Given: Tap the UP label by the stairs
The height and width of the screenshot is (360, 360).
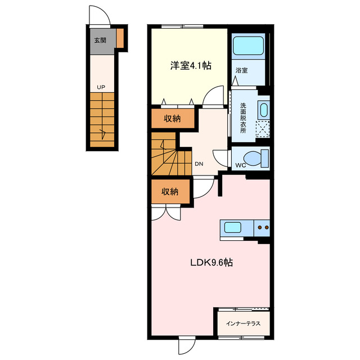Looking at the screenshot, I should tap(101, 87).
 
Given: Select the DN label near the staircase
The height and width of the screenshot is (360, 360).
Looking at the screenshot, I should tap(199, 164).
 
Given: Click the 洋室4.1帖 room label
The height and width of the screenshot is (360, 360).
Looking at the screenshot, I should tap(191, 66).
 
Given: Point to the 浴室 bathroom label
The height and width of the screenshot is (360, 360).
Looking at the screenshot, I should tap(242, 71).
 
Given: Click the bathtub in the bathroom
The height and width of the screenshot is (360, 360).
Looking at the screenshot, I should tap(248, 46).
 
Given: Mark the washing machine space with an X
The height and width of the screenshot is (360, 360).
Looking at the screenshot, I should tap(262, 129).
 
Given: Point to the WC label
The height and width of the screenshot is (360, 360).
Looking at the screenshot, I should tap(241, 165).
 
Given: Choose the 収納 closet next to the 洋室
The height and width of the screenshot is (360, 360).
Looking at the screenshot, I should tap(172, 118).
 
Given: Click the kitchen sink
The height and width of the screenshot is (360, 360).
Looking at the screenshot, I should tap(233, 228).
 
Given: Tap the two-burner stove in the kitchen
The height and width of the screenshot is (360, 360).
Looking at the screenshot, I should tap(262, 228).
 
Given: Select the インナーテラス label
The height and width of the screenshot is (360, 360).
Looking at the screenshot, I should tap(243, 323).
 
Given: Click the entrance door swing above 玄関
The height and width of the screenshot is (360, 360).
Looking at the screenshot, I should tap(100, 17).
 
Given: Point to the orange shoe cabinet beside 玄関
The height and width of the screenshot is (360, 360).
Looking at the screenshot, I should tap(120, 38).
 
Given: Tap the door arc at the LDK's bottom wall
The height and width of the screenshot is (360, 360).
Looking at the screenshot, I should tap(186, 345).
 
